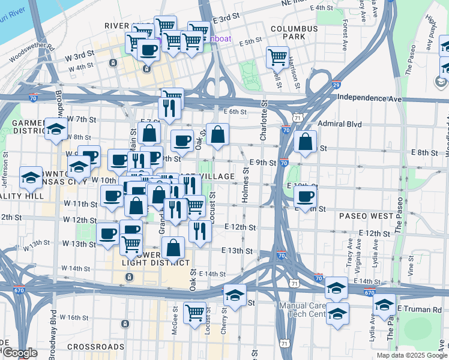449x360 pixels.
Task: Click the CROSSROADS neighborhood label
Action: coord(95,347)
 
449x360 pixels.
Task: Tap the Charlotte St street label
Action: coord(263,122)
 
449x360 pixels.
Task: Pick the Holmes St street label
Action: coord(246,185)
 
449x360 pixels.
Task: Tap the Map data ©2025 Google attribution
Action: coord(411,355)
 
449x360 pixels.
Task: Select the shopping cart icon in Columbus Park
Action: coord(277,58)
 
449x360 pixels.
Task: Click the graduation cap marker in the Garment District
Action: coord(56,130)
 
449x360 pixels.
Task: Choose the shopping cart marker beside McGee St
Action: coord(194,313)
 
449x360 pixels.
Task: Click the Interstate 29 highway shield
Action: coord(337,85)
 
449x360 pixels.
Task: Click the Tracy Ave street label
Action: coord(349,254)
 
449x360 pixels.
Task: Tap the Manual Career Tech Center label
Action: coord(301,310)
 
